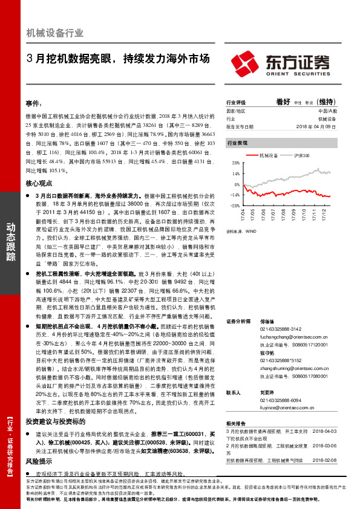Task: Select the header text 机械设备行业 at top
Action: click(55, 33)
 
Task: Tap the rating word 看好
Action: click(283, 102)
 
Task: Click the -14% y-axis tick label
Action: click(234, 195)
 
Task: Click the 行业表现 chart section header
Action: click(237, 143)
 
